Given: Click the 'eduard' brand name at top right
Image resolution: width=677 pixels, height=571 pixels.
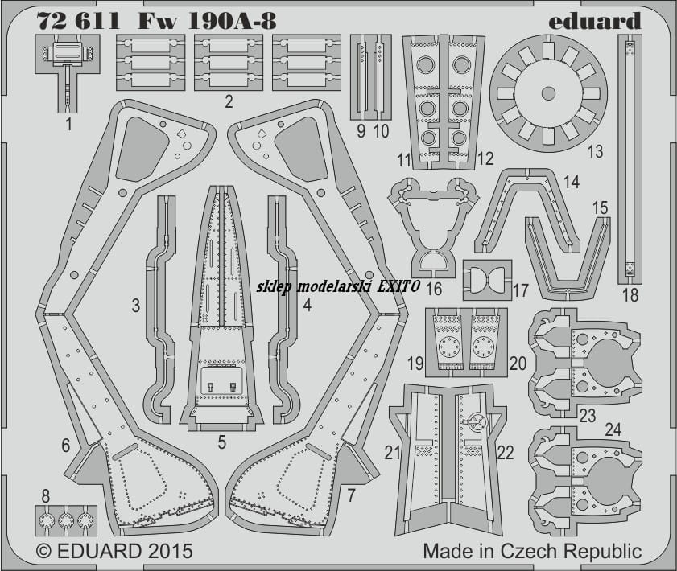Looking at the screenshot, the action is click(595, 21).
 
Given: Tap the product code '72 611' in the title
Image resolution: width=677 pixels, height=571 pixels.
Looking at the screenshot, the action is click(78, 21).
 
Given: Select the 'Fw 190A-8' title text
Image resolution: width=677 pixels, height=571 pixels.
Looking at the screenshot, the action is click(207, 21).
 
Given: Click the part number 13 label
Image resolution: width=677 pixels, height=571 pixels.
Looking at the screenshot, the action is click(595, 151).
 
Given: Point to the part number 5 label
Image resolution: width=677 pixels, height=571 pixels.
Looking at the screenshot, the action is click(222, 442).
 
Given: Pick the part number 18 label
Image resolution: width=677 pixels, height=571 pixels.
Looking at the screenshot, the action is click(630, 295).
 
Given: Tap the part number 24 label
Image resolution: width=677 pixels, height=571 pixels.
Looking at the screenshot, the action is click(613, 429).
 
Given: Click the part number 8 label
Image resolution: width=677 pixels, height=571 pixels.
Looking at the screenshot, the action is click(46, 496).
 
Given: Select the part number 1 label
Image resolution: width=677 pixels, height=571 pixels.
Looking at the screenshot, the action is click(68, 125).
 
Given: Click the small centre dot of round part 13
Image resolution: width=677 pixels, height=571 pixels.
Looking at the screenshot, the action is click(548, 92).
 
